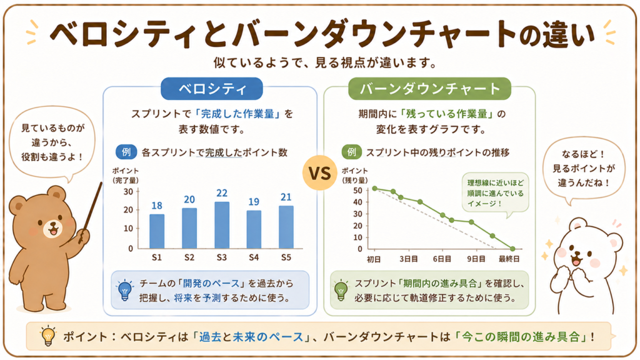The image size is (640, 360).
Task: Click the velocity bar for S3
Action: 222,225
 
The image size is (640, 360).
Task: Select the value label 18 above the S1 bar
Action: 157,206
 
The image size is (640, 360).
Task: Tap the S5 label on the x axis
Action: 286,257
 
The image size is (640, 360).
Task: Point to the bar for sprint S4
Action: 254,229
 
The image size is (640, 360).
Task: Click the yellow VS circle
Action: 319,173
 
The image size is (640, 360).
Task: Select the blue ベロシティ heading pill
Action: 211,89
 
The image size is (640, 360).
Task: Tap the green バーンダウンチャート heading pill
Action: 429,89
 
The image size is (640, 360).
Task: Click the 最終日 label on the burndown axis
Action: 509,259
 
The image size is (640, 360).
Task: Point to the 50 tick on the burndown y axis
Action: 358,191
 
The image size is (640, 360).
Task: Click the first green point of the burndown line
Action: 375,189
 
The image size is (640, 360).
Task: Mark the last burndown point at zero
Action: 512,249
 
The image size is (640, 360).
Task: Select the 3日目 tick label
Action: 409,259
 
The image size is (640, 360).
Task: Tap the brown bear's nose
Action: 52,224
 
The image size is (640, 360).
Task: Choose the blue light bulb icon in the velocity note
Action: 125,290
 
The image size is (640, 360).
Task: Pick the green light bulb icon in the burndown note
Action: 341,290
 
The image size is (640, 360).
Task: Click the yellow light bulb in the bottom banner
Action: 48,336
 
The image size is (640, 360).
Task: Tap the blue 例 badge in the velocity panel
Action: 126,152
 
